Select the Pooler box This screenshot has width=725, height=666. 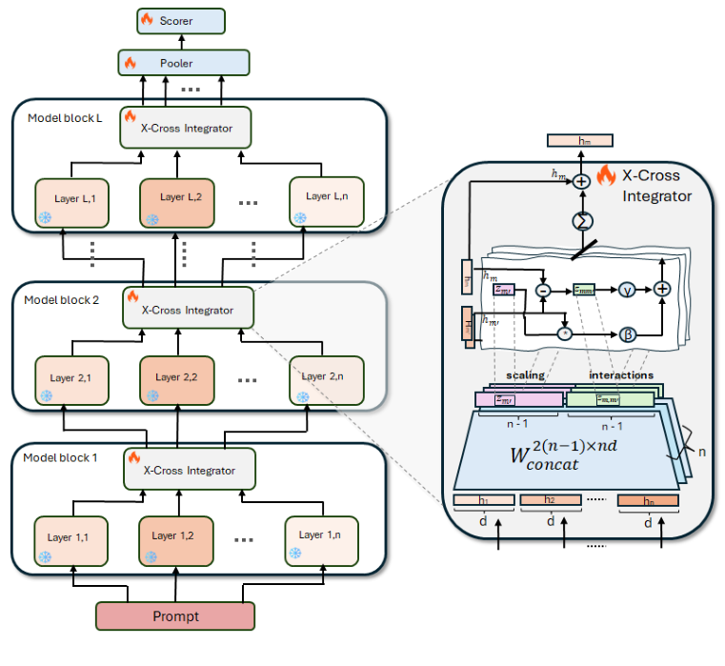pyautogui.click(x=182, y=63)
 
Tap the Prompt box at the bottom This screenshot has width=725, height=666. pyautogui.click(x=175, y=616)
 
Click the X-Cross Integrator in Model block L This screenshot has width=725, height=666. pyautogui.click(x=189, y=128)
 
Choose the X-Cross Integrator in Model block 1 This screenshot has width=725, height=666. pyautogui.click(x=189, y=470)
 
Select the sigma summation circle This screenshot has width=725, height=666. pyautogui.click(x=580, y=221)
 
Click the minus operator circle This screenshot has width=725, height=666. pyautogui.click(x=543, y=288)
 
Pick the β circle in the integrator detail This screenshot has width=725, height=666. pyautogui.click(x=626, y=334)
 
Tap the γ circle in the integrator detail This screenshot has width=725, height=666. pyautogui.click(x=626, y=288)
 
